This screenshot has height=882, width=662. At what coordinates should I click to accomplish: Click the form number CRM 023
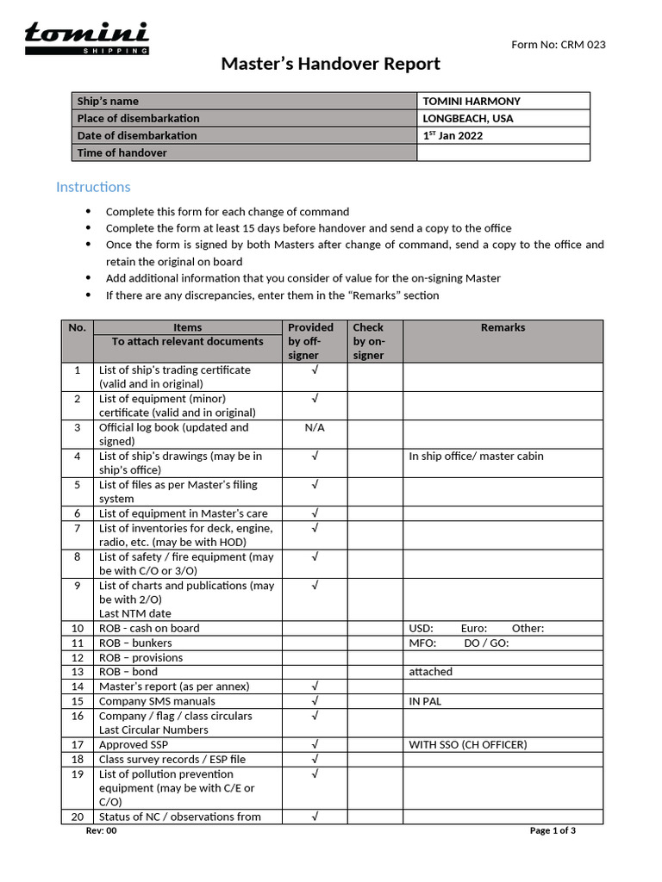559,45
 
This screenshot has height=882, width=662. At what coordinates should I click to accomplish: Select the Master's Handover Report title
330,64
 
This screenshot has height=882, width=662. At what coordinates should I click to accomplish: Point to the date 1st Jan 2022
453,135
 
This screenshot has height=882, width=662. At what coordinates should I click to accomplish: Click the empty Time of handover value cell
503,152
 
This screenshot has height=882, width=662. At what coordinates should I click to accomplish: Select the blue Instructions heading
93,187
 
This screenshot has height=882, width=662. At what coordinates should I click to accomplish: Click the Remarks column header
503,327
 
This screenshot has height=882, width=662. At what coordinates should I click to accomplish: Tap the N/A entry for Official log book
315,427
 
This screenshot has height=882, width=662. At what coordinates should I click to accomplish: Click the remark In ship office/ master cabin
476,457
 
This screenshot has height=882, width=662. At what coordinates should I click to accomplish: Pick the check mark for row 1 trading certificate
315,370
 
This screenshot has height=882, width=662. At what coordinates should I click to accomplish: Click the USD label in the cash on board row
421,629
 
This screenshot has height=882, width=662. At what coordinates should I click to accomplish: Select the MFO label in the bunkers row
422,643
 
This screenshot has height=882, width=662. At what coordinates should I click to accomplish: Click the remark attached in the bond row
430,672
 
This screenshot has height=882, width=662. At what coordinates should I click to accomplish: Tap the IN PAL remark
425,701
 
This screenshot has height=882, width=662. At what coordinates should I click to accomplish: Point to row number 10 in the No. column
77,629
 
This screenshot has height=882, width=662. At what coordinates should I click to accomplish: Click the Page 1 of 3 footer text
553,830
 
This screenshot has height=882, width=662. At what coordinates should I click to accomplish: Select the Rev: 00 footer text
101,830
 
